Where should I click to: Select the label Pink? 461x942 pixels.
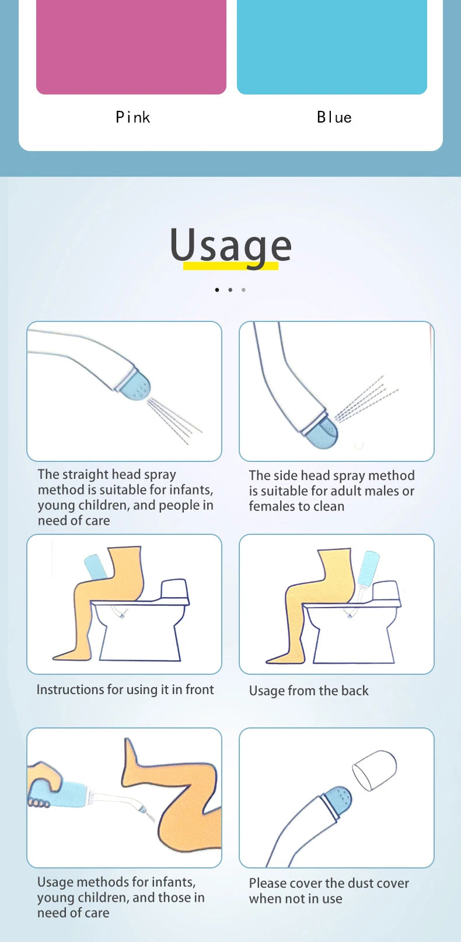point(133,117)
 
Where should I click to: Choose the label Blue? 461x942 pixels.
point(334,117)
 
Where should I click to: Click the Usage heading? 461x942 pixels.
point(230,246)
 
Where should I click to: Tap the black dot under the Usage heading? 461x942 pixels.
point(217,290)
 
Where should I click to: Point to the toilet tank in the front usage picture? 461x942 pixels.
point(174,591)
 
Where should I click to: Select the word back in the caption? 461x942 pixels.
point(355,691)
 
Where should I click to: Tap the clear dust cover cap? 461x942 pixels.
point(375,770)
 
